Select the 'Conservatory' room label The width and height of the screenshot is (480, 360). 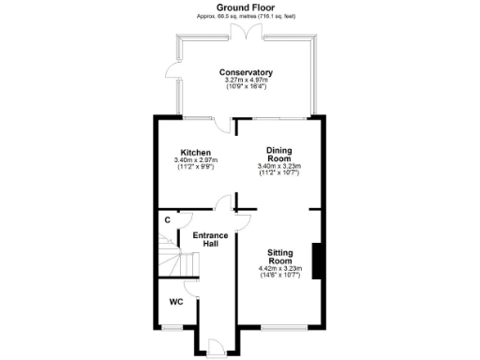click(x=246, y=72)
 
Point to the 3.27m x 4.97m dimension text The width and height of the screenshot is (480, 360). click(x=246, y=81)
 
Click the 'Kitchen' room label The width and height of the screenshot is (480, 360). click(x=195, y=153)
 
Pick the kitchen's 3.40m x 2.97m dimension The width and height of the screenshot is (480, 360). click(x=195, y=160)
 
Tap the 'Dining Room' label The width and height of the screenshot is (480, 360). click(x=279, y=155)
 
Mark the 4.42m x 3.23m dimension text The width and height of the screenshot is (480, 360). click(x=279, y=270)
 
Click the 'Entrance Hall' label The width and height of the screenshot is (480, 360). click(x=212, y=239)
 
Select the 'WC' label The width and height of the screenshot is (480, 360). click(x=175, y=303)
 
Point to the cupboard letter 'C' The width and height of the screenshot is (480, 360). click(x=167, y=220)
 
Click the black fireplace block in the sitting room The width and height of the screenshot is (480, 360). click(x=318, y=260)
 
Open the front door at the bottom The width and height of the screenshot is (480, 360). click(x=214, y=348)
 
